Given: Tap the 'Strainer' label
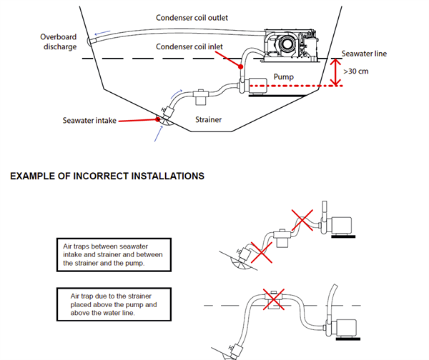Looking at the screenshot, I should [208, 119].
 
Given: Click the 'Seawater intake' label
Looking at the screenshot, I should [89, 120].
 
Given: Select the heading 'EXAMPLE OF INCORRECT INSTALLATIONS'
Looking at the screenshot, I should [107, 176].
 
